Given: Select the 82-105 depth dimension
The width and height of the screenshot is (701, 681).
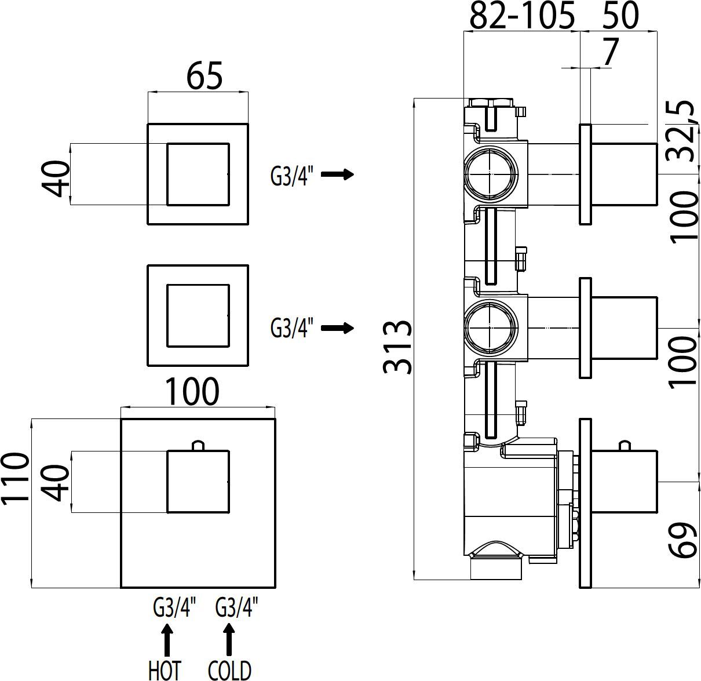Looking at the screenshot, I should click(522, 16).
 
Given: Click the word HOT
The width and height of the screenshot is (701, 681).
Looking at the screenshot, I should click(165, 670).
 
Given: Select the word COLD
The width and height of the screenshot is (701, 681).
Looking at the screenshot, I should click(229, 670).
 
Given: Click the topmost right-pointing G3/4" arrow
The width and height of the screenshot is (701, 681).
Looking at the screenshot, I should click(337, 174).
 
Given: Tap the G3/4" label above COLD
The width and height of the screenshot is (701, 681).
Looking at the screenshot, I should click(236, 609).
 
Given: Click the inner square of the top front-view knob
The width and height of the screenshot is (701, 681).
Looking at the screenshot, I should click(198, 174).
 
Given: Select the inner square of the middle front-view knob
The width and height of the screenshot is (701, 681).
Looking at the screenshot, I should click(198, 316).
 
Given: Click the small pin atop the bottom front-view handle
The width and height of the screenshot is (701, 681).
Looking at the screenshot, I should click(198, 445).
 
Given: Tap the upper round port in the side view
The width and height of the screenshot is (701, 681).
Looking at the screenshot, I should click(491, 173).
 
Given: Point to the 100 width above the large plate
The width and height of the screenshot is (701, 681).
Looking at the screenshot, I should click(192, 392).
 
